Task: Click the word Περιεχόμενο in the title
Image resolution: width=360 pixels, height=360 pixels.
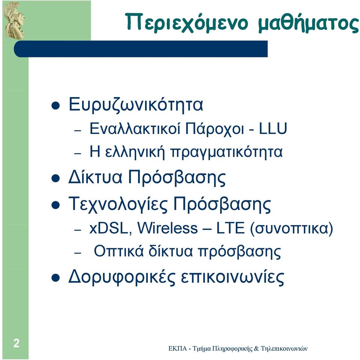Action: click(187, 22)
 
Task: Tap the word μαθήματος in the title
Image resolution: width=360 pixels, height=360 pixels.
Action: click(308, 22)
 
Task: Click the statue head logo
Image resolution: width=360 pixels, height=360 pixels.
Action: click(14, 21)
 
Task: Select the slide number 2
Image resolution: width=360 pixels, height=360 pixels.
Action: click(16, 343)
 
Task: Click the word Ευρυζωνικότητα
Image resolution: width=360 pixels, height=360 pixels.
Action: click(136, 105)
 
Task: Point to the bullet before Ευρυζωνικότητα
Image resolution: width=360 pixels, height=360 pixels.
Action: click(55, 106)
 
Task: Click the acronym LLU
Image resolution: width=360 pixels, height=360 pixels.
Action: click(273, 128)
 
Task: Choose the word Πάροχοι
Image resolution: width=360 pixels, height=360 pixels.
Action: click(214, 129)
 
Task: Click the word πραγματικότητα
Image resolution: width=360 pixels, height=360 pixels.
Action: click(226, 153)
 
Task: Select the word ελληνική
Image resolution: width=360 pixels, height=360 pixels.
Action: click(135, 152)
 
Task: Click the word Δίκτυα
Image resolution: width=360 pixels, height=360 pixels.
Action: click(95, 177)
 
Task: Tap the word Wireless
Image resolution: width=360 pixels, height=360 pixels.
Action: click(168, 228)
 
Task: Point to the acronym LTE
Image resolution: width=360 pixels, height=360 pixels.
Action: click(231, 228)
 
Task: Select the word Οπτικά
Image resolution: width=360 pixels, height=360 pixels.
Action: click(119, 251)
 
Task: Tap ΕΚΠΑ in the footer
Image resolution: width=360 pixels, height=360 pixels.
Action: click(177, 349)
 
